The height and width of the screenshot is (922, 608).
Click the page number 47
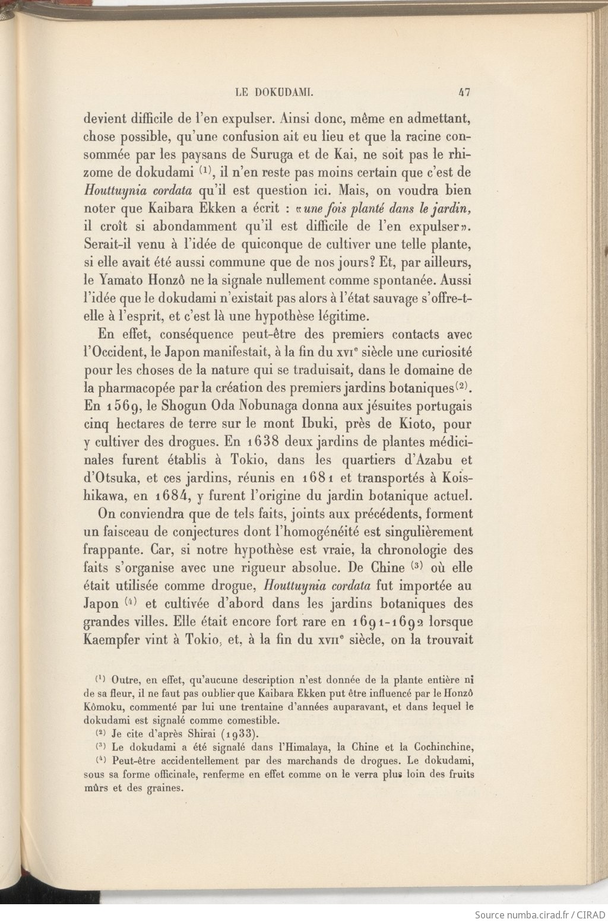tap(464, 92)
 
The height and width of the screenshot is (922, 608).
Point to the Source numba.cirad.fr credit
tap(540, 914)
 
